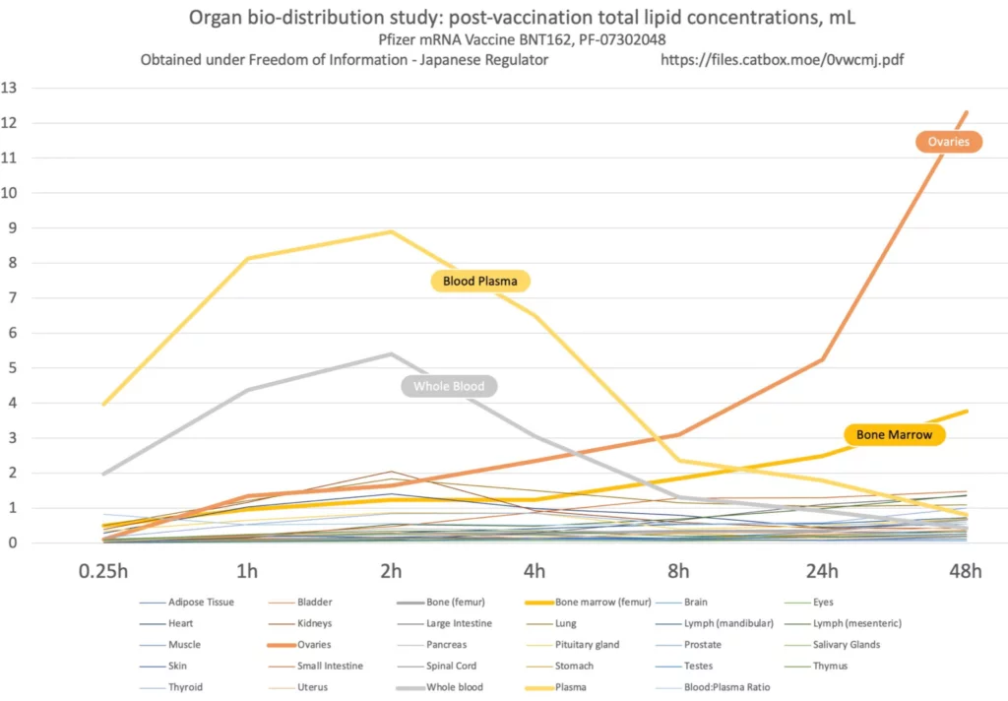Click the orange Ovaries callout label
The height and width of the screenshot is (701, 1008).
tap(949, 142)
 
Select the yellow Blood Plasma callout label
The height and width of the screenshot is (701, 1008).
tap(480, 282)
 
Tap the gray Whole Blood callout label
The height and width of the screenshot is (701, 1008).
tap(449, 386)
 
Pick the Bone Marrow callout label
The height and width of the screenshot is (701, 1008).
tap(894, 434)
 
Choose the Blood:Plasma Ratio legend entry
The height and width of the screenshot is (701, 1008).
tap(726, 687)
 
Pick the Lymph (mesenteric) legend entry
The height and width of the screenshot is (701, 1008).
tap(856, 623)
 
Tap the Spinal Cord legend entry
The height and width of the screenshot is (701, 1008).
tap(451, 666)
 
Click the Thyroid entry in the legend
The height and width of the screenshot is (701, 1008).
tap(186, 687)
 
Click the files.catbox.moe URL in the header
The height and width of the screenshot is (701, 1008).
tap(782, 59)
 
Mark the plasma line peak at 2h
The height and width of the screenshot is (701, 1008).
tap(392, 231)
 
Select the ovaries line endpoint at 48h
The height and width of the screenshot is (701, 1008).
tap(968, 111)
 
